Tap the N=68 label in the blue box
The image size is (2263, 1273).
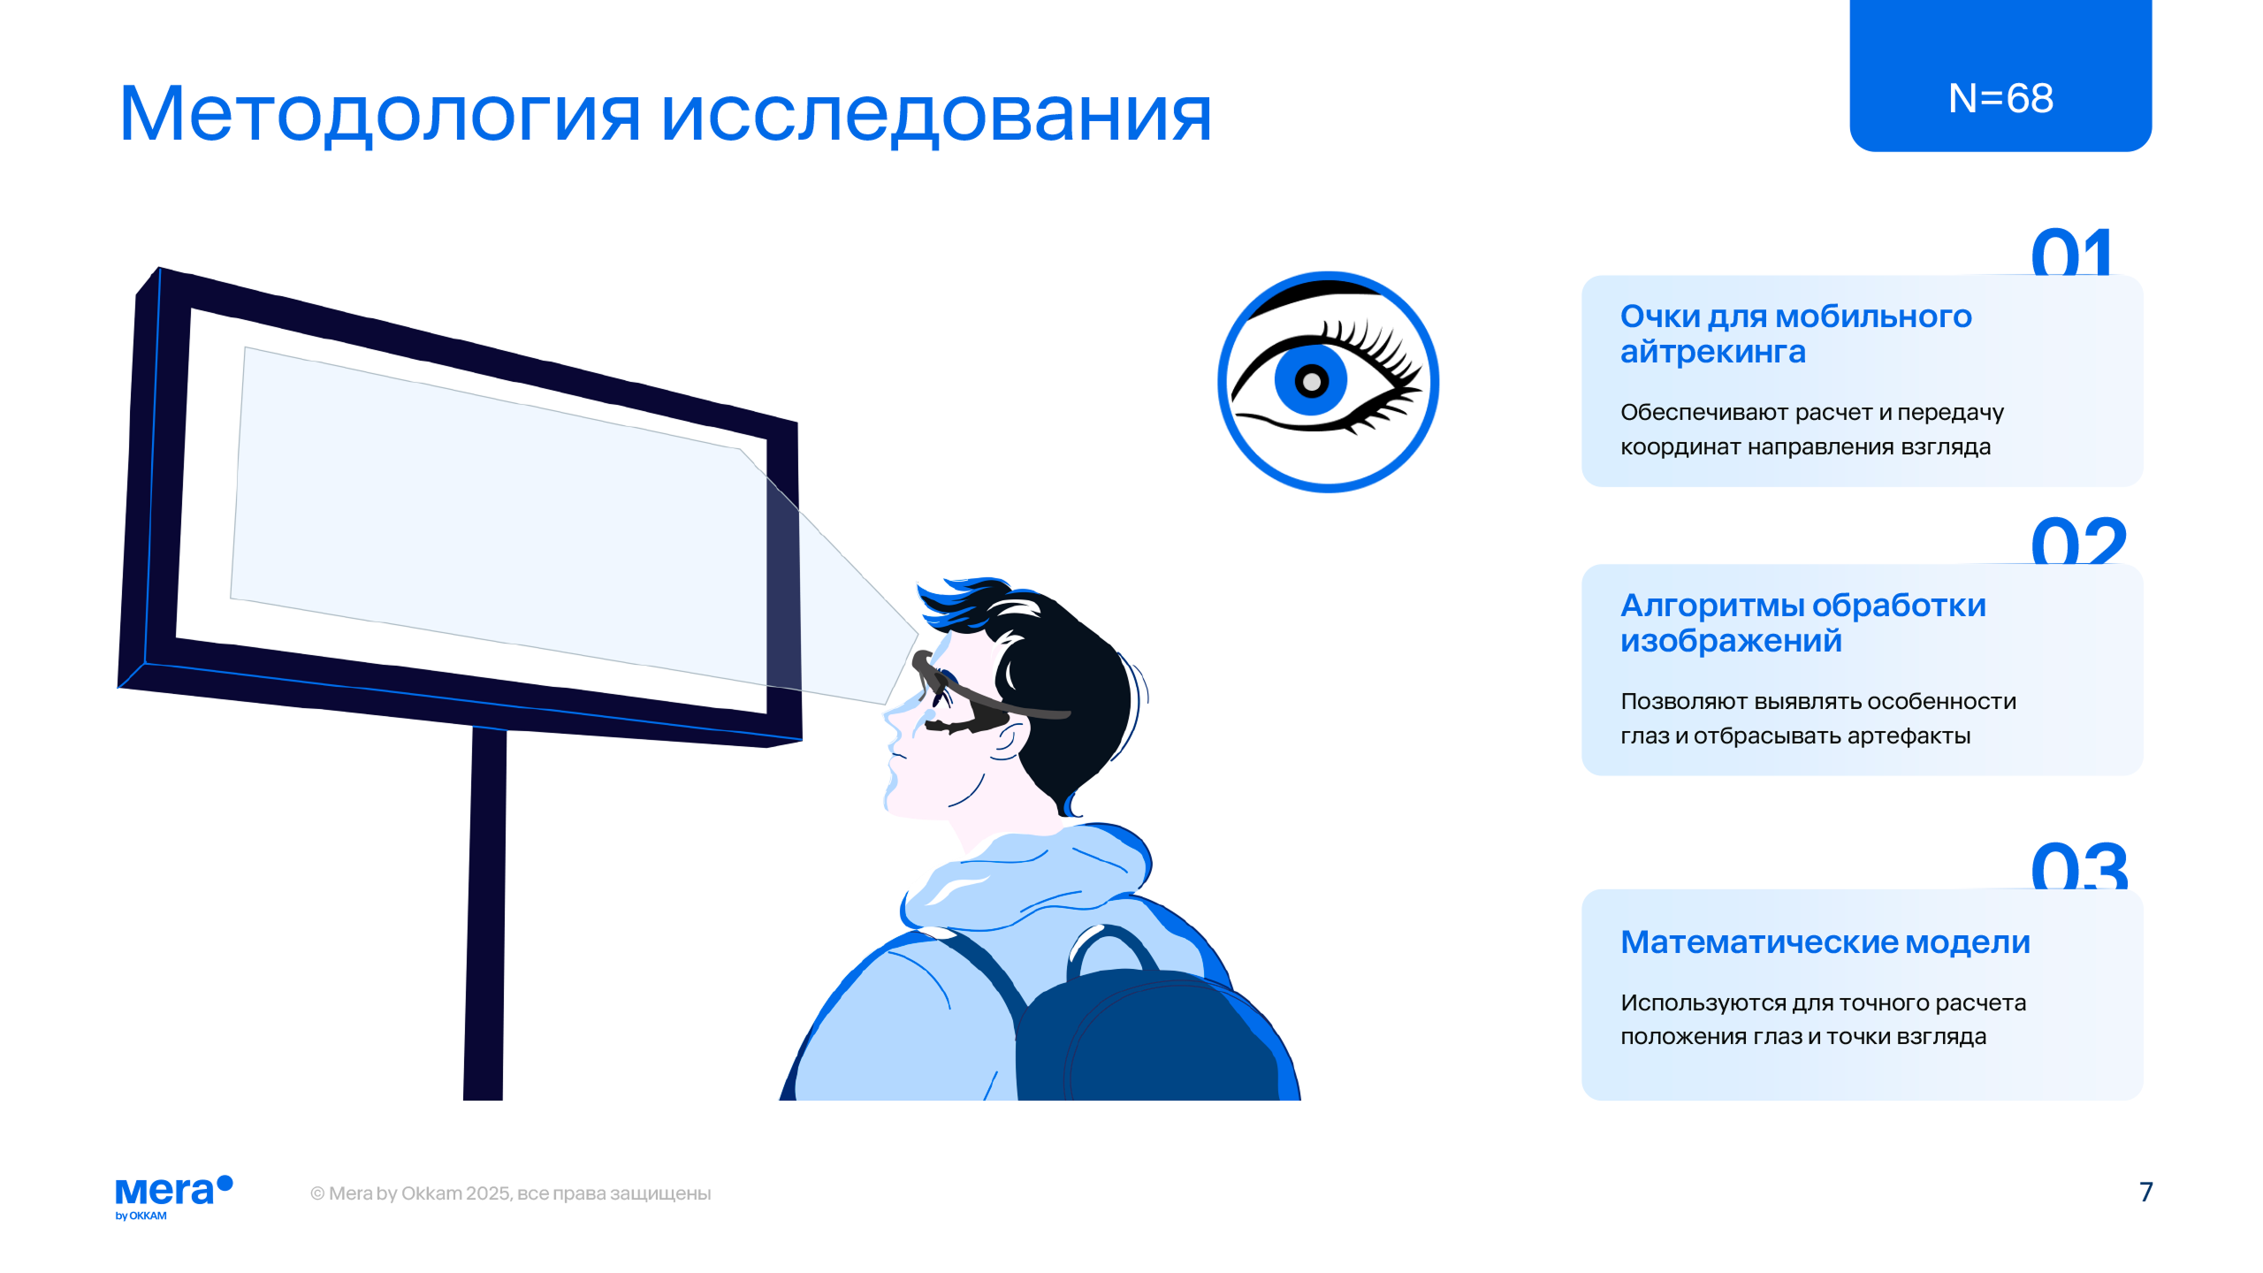(2000, 98)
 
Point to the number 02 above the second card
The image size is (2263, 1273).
(2078, 541)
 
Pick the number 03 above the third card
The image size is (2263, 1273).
(2079, 866)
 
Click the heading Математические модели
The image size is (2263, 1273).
(1825, 942)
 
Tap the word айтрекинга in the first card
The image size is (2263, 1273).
(1712, 353)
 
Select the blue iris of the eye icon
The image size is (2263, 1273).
(1311, 380)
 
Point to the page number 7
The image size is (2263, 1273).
(2145, 1192)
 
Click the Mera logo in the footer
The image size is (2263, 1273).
(174, 1197)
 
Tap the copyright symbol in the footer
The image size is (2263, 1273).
(317, 1193)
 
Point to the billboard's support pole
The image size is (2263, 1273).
(485, 913)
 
